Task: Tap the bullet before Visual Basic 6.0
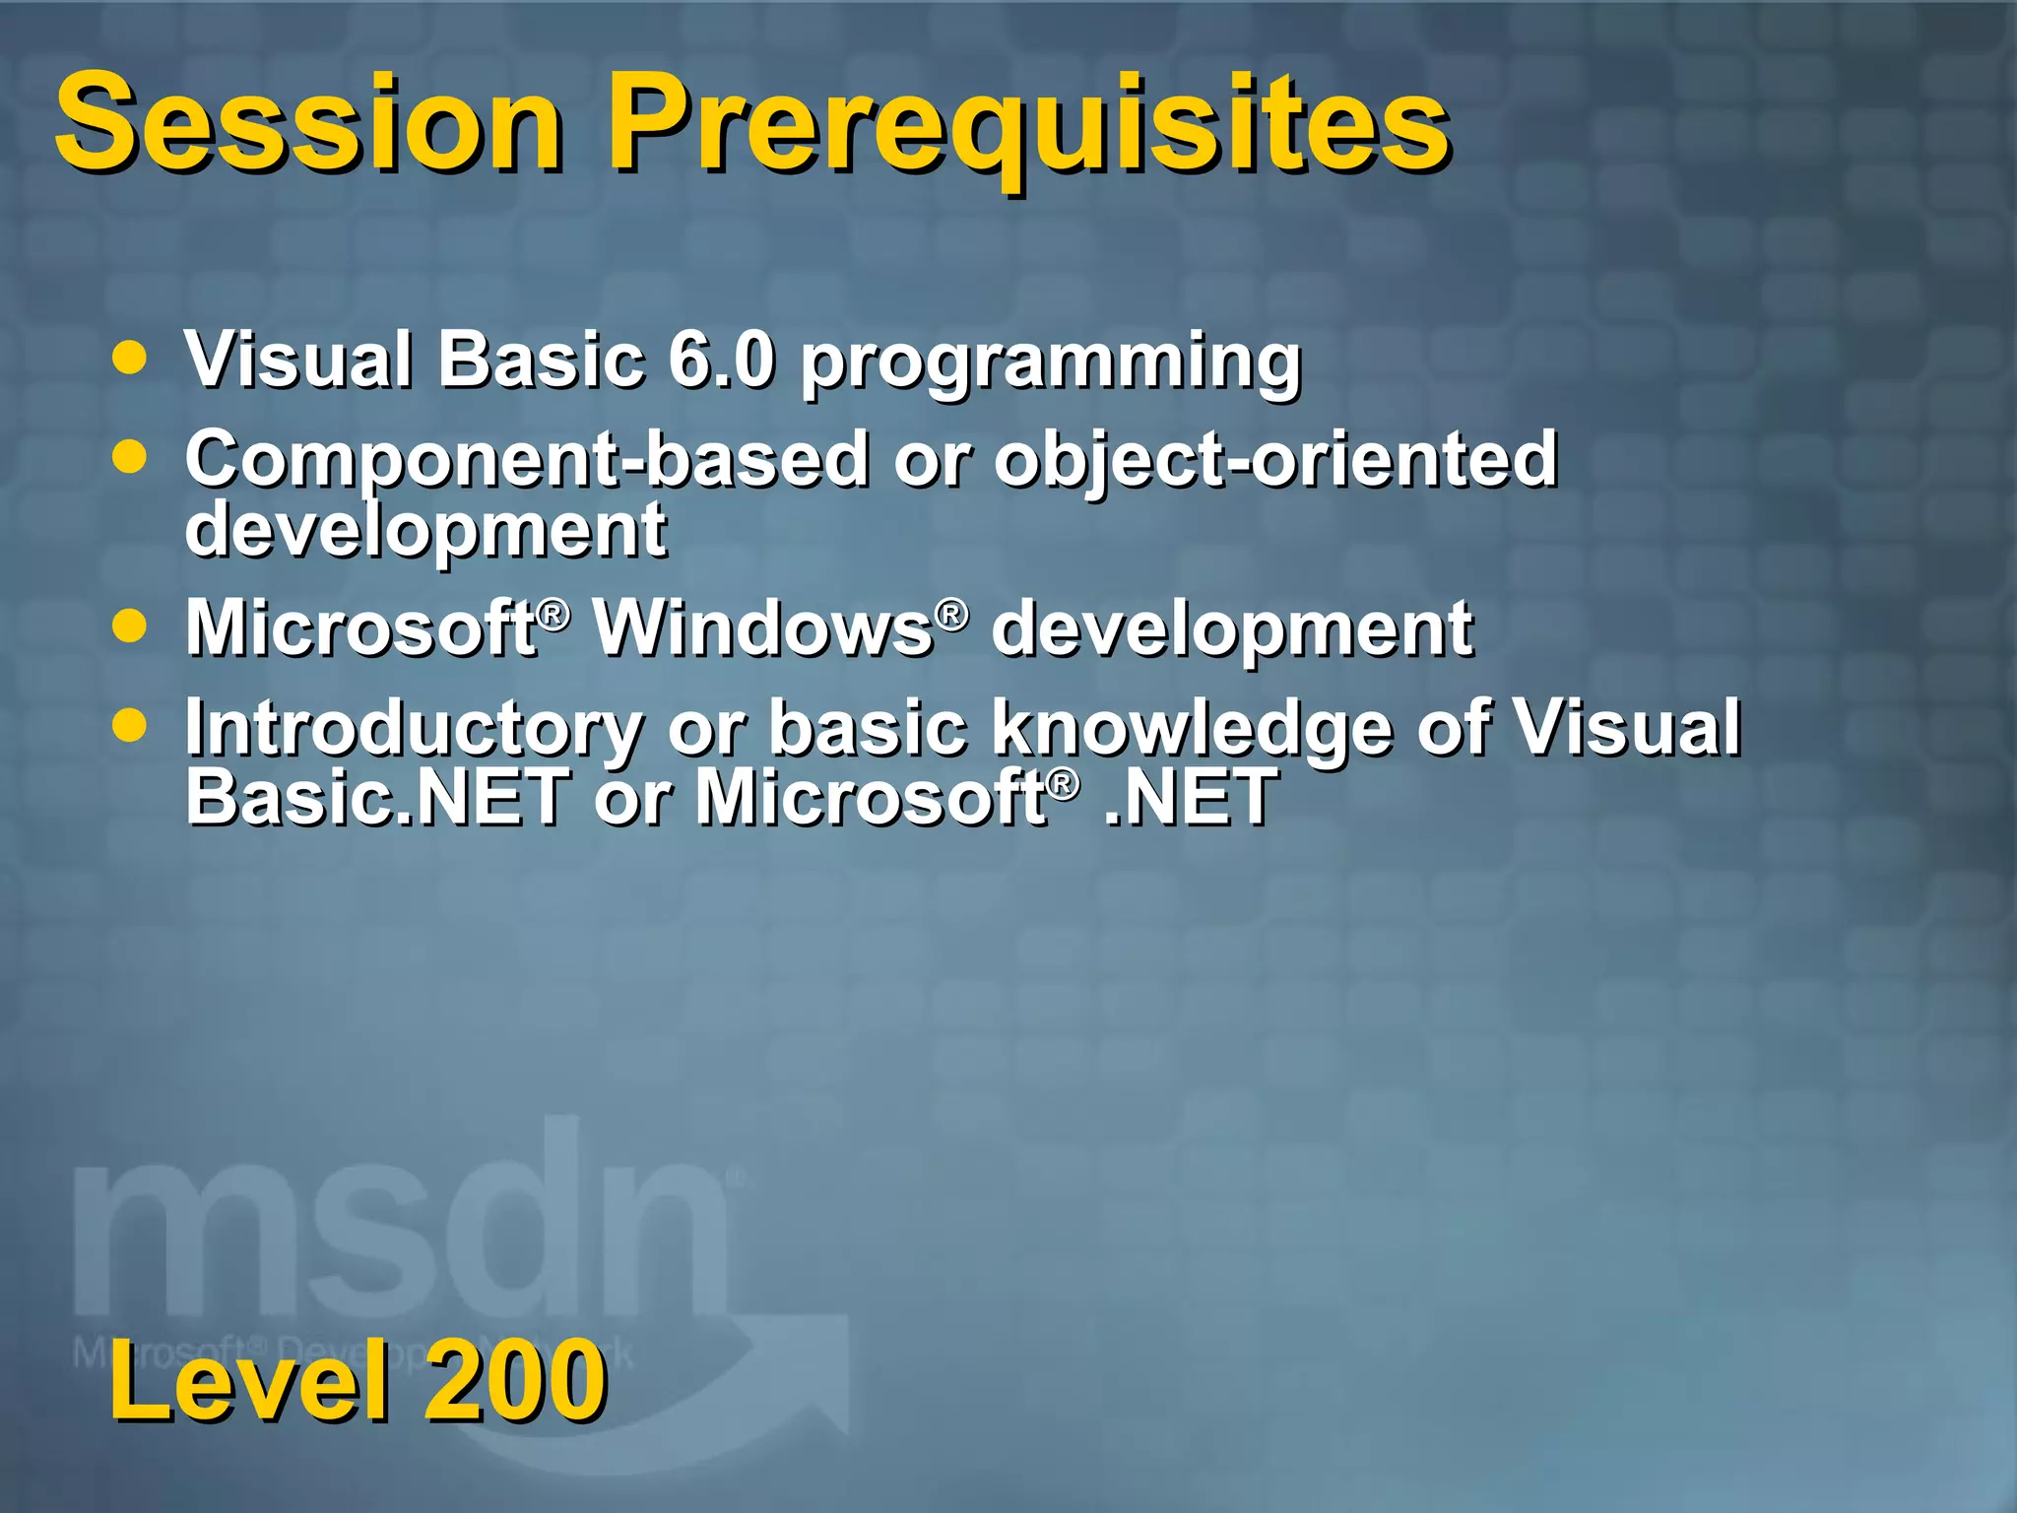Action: coord(129,357)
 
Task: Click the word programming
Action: coord(1051,362)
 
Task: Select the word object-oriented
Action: coord(1274,459)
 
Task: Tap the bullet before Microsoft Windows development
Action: coord(129,625)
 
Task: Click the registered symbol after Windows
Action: coord(950,615)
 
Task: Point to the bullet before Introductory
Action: coord(129,726)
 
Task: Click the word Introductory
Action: coord(414,728)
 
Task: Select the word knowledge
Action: coord(1191,728)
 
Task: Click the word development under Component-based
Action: coord(425,529)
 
